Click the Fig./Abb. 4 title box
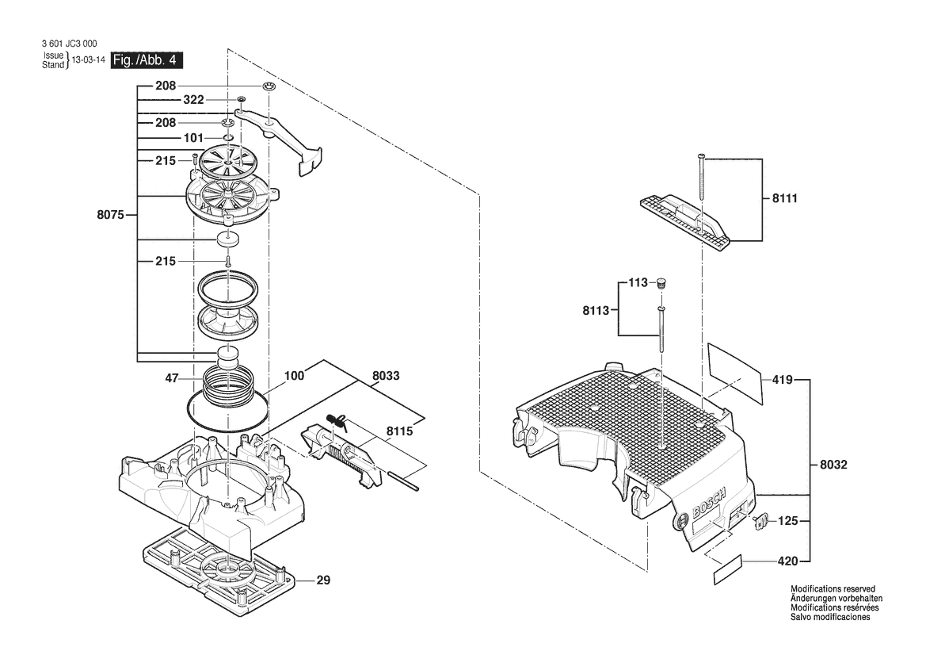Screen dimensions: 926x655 147,60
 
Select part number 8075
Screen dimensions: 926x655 110,215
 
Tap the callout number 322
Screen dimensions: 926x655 193,100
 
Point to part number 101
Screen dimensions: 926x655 193,138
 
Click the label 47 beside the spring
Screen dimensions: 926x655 171,378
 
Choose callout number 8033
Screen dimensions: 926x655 386,376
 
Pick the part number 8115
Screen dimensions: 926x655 400,431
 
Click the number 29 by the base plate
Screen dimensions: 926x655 323,580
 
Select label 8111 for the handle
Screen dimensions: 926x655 785,198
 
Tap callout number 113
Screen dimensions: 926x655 638,283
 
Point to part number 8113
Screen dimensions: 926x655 596,311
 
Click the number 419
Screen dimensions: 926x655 783,380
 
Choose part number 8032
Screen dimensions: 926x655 833,465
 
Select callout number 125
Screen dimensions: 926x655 788,522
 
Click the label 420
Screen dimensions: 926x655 788,561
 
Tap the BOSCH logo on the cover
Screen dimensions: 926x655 709,504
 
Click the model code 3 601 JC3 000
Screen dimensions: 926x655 70,44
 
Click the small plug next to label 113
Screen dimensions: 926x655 661,284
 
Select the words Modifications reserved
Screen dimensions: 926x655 833,589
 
